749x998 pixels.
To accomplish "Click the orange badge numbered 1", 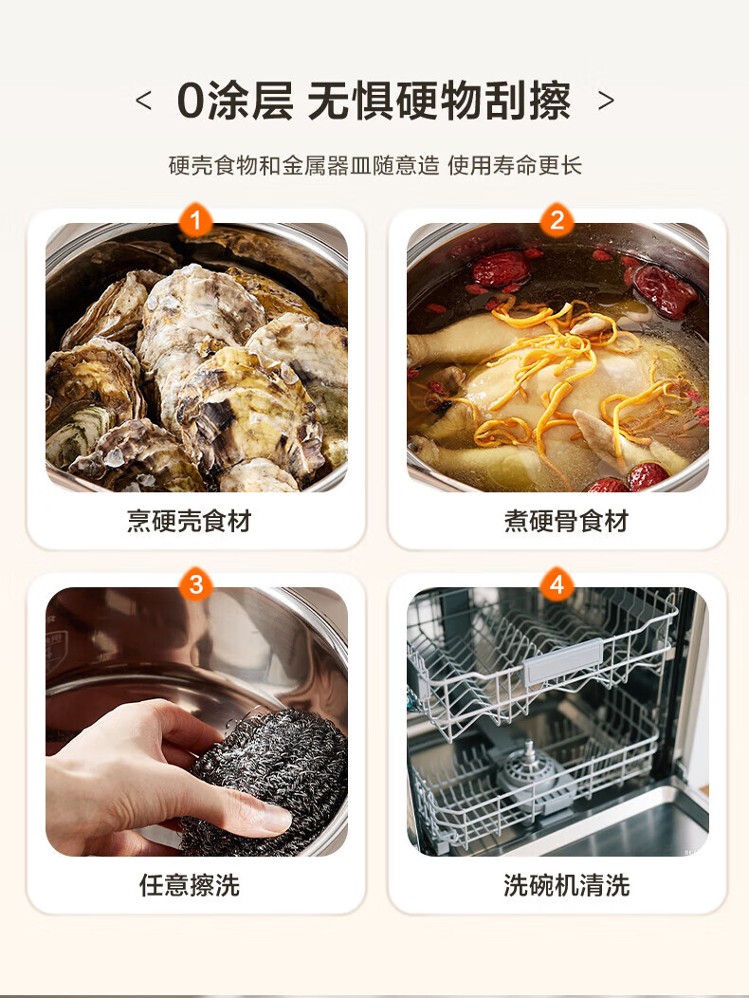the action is (x=195, y=220).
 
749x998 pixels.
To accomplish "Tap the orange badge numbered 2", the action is (x=557, y=220).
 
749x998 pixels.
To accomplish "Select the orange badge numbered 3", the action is (x=195, y=584).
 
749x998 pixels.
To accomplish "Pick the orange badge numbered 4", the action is (x=557, y=584).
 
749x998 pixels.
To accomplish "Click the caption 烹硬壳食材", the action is (x=189, y=521).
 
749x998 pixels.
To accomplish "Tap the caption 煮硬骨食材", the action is (x=566, y=521).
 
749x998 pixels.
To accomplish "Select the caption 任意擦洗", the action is (x=190, y=885).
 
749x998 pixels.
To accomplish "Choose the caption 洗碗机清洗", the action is (x=566, y=885).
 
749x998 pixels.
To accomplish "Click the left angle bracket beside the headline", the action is (x=144, y=101).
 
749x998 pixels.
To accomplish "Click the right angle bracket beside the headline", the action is (x=606, y=101).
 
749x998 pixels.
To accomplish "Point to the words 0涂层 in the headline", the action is (x=235, y=101).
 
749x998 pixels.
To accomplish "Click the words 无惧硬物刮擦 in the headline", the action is (x=439, y=101).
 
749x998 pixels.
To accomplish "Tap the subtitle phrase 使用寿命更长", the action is (x=515, y=165).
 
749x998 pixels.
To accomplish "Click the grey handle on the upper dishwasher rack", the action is (x=562, y=662).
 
